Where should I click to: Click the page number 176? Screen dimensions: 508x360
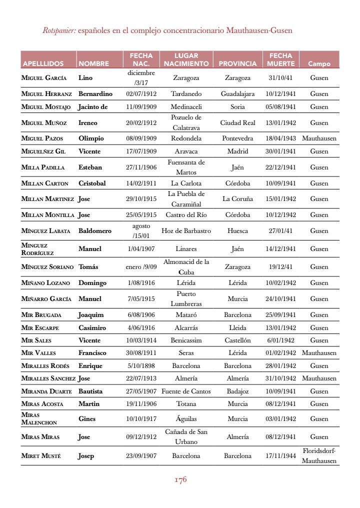point(180,480)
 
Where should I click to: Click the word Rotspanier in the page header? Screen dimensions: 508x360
point(59,30)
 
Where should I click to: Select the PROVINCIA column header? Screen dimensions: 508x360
point(237,64)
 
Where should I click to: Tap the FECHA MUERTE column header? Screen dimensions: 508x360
point(281,59)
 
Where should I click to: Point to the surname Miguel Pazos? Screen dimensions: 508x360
point(42,138)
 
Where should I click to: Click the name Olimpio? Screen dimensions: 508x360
point(91,138)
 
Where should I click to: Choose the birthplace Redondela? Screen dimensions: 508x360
point(186,138)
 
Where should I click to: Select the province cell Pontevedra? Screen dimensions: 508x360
point(237,138)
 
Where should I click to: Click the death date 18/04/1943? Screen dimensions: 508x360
point(281,138)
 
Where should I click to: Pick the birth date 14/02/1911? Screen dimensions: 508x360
point(141,183)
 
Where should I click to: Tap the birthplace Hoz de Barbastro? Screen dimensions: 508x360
point(186,231)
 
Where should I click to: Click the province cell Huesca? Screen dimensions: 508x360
point(237,231)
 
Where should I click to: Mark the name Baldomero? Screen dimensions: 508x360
point(95,231)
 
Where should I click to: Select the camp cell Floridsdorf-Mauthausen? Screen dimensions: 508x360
point(319,456)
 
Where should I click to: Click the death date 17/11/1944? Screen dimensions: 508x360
point(281,456)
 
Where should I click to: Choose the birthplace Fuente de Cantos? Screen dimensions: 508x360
point(186,391)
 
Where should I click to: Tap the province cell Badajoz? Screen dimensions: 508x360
point(237,391)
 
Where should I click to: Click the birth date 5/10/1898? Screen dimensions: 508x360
point(141,366)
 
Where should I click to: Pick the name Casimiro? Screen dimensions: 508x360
point(92,328)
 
